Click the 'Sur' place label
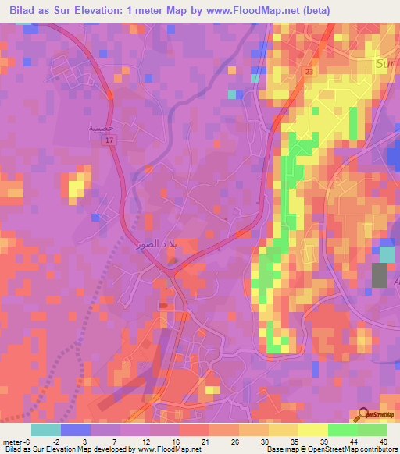[x=385, y=62]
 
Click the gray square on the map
[x=379, y=276]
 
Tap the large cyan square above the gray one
[x=387, y=254]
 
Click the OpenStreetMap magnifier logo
[x=366, y=415]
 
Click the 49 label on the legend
[x=382, y=441]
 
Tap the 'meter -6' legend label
[x=16, y=441]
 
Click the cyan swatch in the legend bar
[x=46, y=430]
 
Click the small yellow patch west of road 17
[x=76, y=186]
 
